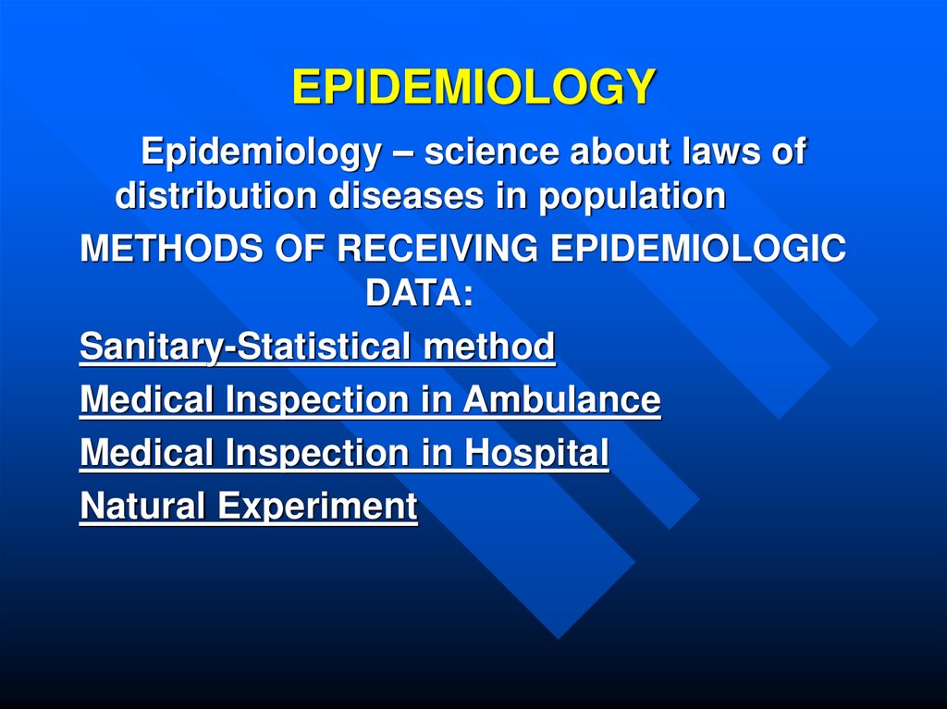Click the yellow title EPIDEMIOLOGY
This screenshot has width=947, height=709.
(473, 88)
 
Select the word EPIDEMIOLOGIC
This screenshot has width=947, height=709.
(695, 251)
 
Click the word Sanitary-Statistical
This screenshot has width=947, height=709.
(247, 348)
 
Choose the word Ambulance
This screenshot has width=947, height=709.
(562, 400)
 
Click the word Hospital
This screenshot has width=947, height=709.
(536, 453)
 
